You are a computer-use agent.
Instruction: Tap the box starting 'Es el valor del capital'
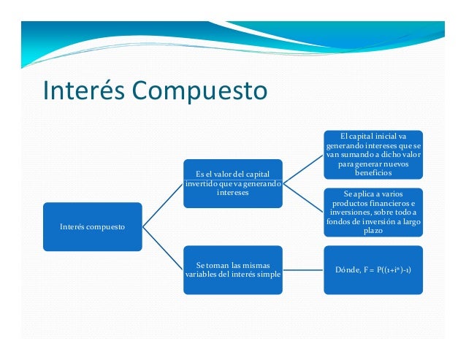click(232, 183)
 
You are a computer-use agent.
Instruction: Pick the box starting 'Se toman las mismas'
click(232, 268)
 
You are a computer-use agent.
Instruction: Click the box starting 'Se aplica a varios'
click(373, 212)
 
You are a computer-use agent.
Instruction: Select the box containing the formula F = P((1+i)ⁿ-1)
click(373, 269)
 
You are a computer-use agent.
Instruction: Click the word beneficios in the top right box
click(373, 173)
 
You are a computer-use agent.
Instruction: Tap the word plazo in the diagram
click(373, 230)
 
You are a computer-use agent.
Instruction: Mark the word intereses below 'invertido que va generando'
click(232, 194)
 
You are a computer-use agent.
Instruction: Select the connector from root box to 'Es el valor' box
click(162, 204)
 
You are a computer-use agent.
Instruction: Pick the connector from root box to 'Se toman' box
click(162, 248)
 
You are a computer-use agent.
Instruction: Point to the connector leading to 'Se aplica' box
click(302, 198)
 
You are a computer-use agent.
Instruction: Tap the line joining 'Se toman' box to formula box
click(302, 269)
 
